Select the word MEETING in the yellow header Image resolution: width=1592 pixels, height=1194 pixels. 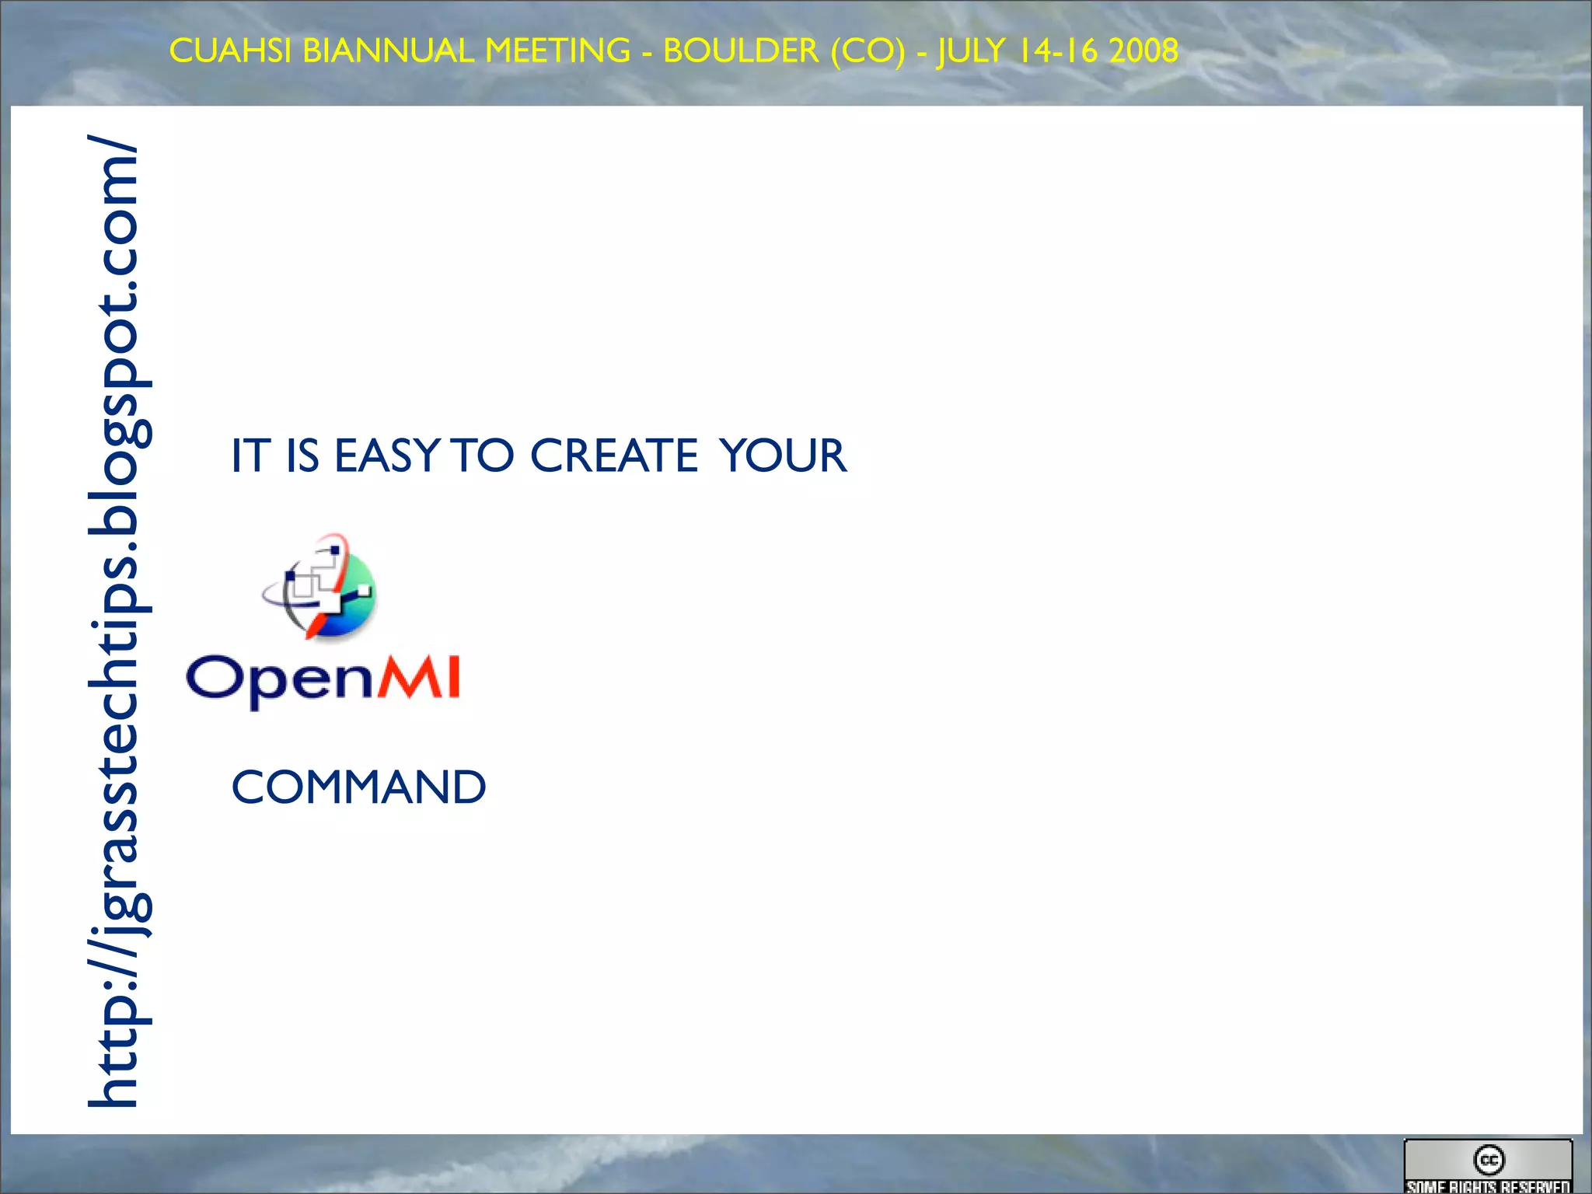(x=557, y=51)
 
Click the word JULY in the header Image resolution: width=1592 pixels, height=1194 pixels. (x=971, y=51)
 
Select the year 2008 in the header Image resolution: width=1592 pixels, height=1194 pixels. (x=1143, y=51)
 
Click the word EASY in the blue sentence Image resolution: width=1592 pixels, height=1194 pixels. (x=387, y=456)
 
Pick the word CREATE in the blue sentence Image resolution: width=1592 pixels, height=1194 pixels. (x=613, y=456)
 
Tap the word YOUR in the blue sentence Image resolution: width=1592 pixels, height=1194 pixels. (x=783, y=456)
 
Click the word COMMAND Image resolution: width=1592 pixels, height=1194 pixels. (x=358, y=787)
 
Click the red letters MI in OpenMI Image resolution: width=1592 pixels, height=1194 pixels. (x=419, y=678)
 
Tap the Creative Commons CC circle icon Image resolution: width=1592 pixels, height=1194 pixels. (x=1489, y=1160)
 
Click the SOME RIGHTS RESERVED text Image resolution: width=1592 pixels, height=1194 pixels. (x=1488, y=1186)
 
